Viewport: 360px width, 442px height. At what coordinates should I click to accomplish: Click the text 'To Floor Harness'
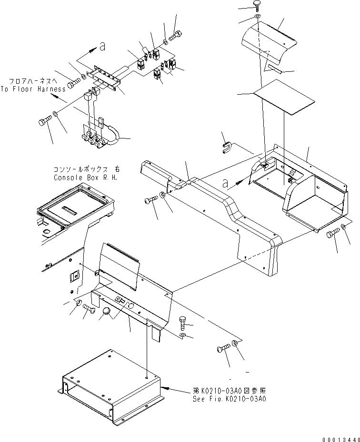(33, 89)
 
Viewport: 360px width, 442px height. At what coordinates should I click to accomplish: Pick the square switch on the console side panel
(74, 277)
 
